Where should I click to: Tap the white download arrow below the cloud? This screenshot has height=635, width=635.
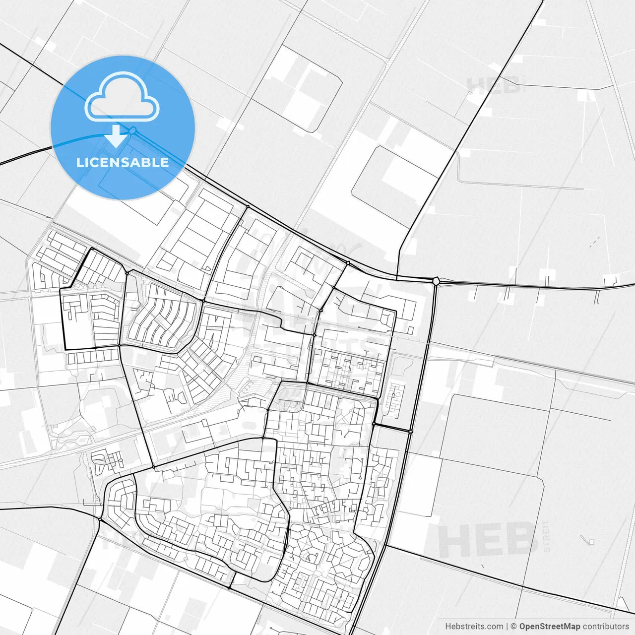117,136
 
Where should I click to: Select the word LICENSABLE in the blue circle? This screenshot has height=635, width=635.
123,162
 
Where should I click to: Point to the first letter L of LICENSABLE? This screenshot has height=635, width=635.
80,162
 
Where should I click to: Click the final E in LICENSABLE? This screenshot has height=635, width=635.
164,162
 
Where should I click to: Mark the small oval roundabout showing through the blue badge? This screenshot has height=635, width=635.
132,130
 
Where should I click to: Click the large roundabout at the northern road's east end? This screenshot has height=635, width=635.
436,281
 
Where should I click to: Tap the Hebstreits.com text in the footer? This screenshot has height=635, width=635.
474,627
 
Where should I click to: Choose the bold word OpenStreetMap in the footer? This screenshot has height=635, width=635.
550,627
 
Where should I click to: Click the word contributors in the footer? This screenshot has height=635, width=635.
606,627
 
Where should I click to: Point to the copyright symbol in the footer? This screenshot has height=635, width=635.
514,627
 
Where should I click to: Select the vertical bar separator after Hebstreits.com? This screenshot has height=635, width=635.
507,627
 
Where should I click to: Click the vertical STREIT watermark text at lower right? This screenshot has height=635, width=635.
547,536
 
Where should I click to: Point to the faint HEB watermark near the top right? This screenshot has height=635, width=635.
493,85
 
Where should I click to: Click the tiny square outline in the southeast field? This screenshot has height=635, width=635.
590,542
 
